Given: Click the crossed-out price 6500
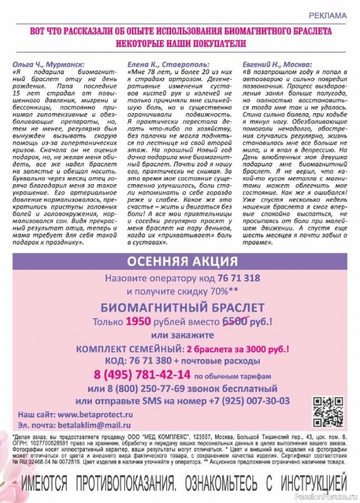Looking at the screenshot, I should coord(236,321).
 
